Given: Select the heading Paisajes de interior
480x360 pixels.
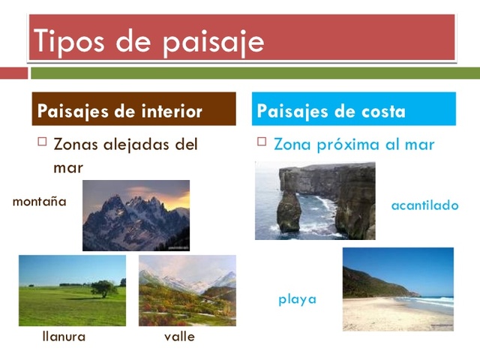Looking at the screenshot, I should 120,112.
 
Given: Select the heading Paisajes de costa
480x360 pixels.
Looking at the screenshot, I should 331,112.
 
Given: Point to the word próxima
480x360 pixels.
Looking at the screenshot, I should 356,145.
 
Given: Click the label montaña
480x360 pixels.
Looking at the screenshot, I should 40,202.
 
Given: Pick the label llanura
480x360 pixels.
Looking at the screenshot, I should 64,337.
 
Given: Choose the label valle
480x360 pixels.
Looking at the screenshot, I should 179,337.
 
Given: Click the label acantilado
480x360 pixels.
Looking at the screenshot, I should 424,205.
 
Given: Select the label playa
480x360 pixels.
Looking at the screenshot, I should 297,299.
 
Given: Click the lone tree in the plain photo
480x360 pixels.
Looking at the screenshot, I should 103,288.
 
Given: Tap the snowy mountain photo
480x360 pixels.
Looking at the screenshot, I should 136,215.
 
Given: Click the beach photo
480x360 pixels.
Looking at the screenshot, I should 397,289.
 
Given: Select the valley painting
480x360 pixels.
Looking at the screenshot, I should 187,290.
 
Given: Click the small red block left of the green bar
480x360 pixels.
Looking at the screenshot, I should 13,73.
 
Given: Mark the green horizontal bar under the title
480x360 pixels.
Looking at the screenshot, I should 255,73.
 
